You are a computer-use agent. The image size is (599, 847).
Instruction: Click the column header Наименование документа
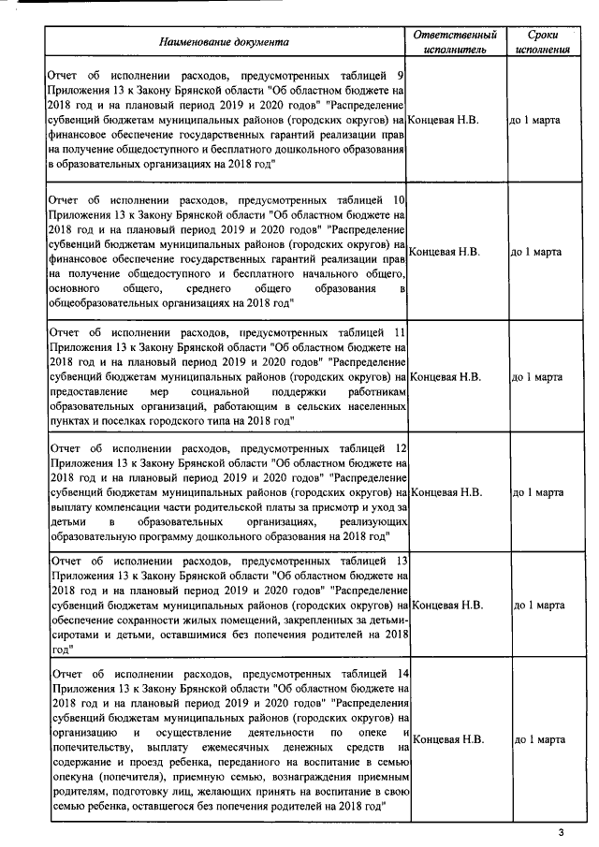[x=224, y=41]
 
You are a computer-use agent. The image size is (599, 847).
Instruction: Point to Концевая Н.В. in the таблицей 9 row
[x=446, y=121]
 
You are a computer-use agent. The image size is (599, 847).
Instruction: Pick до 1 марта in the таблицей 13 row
[x=538, y=606]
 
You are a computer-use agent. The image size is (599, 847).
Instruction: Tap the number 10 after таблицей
[x=398, y=200]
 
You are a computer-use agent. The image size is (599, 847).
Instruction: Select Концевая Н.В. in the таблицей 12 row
[x=447, y=491]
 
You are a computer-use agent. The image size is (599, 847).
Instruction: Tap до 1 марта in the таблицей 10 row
[x=536, y=252]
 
